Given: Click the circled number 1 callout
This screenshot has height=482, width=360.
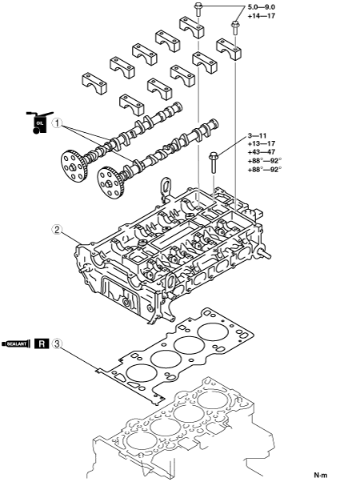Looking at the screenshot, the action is [58, 123].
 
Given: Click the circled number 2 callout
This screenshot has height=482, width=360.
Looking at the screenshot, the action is [58, 229].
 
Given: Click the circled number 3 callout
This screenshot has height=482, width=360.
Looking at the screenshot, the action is [57, 343].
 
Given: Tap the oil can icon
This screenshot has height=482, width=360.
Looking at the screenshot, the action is [40, 123].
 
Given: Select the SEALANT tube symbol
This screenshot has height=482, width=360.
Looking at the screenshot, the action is [16, 343].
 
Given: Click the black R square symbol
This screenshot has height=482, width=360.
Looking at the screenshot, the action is [42, 343].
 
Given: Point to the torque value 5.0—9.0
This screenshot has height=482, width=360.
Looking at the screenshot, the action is [261, 7].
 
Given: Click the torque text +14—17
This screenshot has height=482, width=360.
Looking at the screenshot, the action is [262, 16].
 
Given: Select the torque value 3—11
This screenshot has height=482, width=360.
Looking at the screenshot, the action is [257, 135].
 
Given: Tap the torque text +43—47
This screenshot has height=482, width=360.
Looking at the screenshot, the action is [262, 152].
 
